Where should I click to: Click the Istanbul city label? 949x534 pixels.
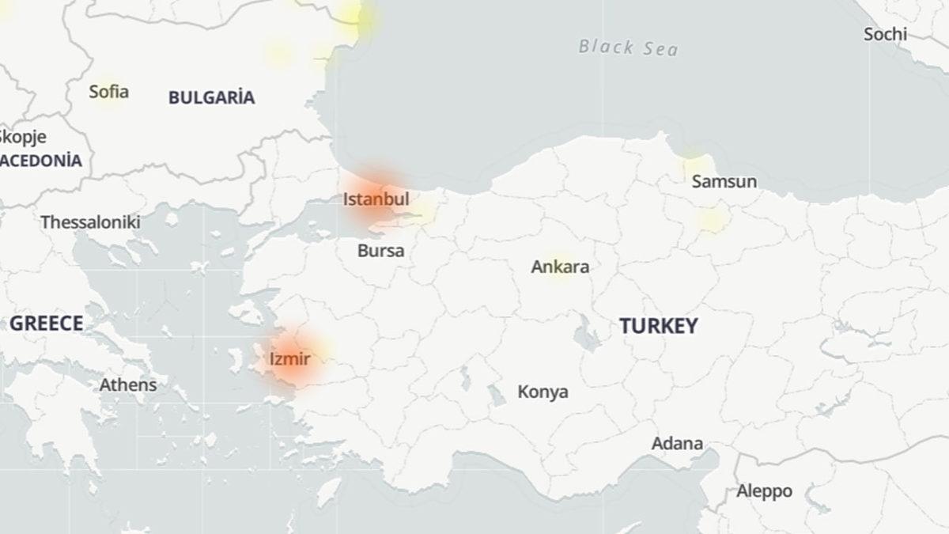click(376, 199)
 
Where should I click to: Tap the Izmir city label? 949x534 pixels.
click(289, 360)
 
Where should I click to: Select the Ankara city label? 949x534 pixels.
click(560, 267)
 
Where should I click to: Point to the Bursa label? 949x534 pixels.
click(380, 252)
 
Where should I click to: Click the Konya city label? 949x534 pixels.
click(543, 392)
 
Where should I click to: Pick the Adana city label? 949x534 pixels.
click(677, 443)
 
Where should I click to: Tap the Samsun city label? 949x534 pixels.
click(724, 182)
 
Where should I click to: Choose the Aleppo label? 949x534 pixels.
click(764, 491)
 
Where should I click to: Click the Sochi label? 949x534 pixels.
click(885, 35)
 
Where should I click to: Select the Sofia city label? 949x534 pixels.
click(108, 92)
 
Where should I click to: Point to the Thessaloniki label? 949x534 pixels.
click(90, 222)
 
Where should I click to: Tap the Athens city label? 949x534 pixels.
click(127, 385)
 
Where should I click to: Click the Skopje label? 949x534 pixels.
click(22, 137)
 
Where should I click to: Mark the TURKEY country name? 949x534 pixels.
click(658, 326)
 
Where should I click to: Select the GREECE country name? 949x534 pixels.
click(46, 323)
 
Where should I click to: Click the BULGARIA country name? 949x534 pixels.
click(211, 98)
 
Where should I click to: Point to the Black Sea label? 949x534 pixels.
click(628, 47)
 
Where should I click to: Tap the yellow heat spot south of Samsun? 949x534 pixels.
click(711, 220)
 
